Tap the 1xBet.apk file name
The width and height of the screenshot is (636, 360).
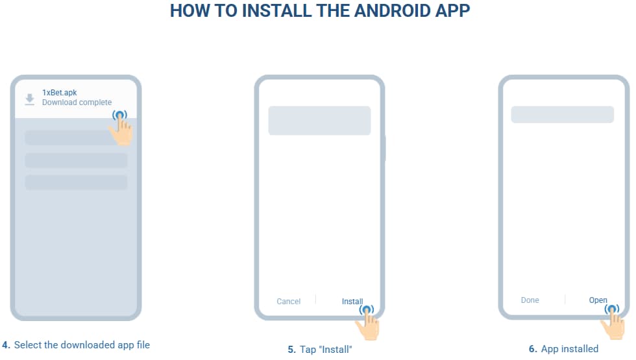(59, 92)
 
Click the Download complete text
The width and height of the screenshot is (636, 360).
(77, 102)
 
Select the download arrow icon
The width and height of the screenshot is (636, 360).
(30, 99)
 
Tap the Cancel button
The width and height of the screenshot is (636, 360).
(288, 301)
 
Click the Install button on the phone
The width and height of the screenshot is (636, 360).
(352, 301)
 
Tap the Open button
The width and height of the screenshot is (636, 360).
(598, 300)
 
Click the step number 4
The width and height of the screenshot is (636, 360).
(6, 345)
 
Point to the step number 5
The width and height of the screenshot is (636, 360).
(291, 350)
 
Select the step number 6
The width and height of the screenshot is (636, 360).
(533, 349)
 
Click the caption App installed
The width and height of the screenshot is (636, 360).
(570, 349)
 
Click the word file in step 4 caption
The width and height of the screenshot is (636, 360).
(143, 344)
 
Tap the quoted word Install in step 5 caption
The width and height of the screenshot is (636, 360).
(336, 350)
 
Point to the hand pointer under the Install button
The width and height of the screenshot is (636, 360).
(367, 323)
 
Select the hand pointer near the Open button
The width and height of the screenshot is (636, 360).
(613, 322)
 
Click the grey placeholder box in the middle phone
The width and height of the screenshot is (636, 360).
(319, 121)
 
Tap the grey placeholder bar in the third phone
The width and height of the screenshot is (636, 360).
(562, 115)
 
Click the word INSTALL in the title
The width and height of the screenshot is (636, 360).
(276, 10)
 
